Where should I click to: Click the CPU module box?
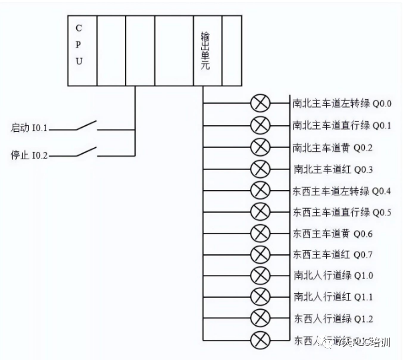(x=82, y=50)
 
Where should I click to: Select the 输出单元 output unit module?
(x=207, y=50)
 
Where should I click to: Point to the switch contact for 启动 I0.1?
(x=85, y=124)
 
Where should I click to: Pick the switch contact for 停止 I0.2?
(x=85, y=153)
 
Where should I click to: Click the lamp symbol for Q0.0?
(x=259, y=104)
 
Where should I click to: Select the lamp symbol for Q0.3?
(x=259, y=169)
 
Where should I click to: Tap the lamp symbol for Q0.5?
(x=259, y=211)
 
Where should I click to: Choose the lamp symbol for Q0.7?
(x=259, y=254)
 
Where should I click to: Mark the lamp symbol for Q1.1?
(x=259, y=296)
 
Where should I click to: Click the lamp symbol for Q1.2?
(x=259, y=318)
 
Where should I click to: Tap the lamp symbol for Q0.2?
(x=259, y=147)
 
